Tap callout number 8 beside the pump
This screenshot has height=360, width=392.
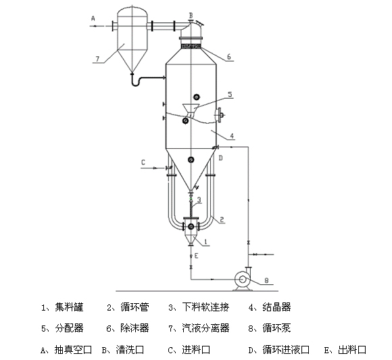tap(266, 280)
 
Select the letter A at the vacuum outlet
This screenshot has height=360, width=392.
tap(93, 18)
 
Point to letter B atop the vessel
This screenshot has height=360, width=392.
tap(191, 16)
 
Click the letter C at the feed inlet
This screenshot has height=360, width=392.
tap(143, 162)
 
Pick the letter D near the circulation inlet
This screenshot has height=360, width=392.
tap(220, 158)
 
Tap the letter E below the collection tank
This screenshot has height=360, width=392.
tap(196, 256)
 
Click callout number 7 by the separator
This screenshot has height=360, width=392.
tap(97, 59)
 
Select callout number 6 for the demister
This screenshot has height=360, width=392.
tap(228, 57)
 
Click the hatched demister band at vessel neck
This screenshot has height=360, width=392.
tap(191, 46)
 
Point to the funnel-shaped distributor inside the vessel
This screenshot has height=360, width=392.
tap(191, 110)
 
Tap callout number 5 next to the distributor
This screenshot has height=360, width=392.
tap(230, 94)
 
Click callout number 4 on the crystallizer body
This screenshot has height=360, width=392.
tap(232, 136)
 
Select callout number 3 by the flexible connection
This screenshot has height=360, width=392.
tap(199, 200)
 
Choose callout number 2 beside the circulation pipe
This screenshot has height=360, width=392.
tap(222, 219)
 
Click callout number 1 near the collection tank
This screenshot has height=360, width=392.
tap(205, 242)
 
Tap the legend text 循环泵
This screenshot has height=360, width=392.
tap(276, 328)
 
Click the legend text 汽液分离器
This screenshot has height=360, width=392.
tap(205, 328)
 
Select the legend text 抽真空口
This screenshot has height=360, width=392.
tap(73, 349)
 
